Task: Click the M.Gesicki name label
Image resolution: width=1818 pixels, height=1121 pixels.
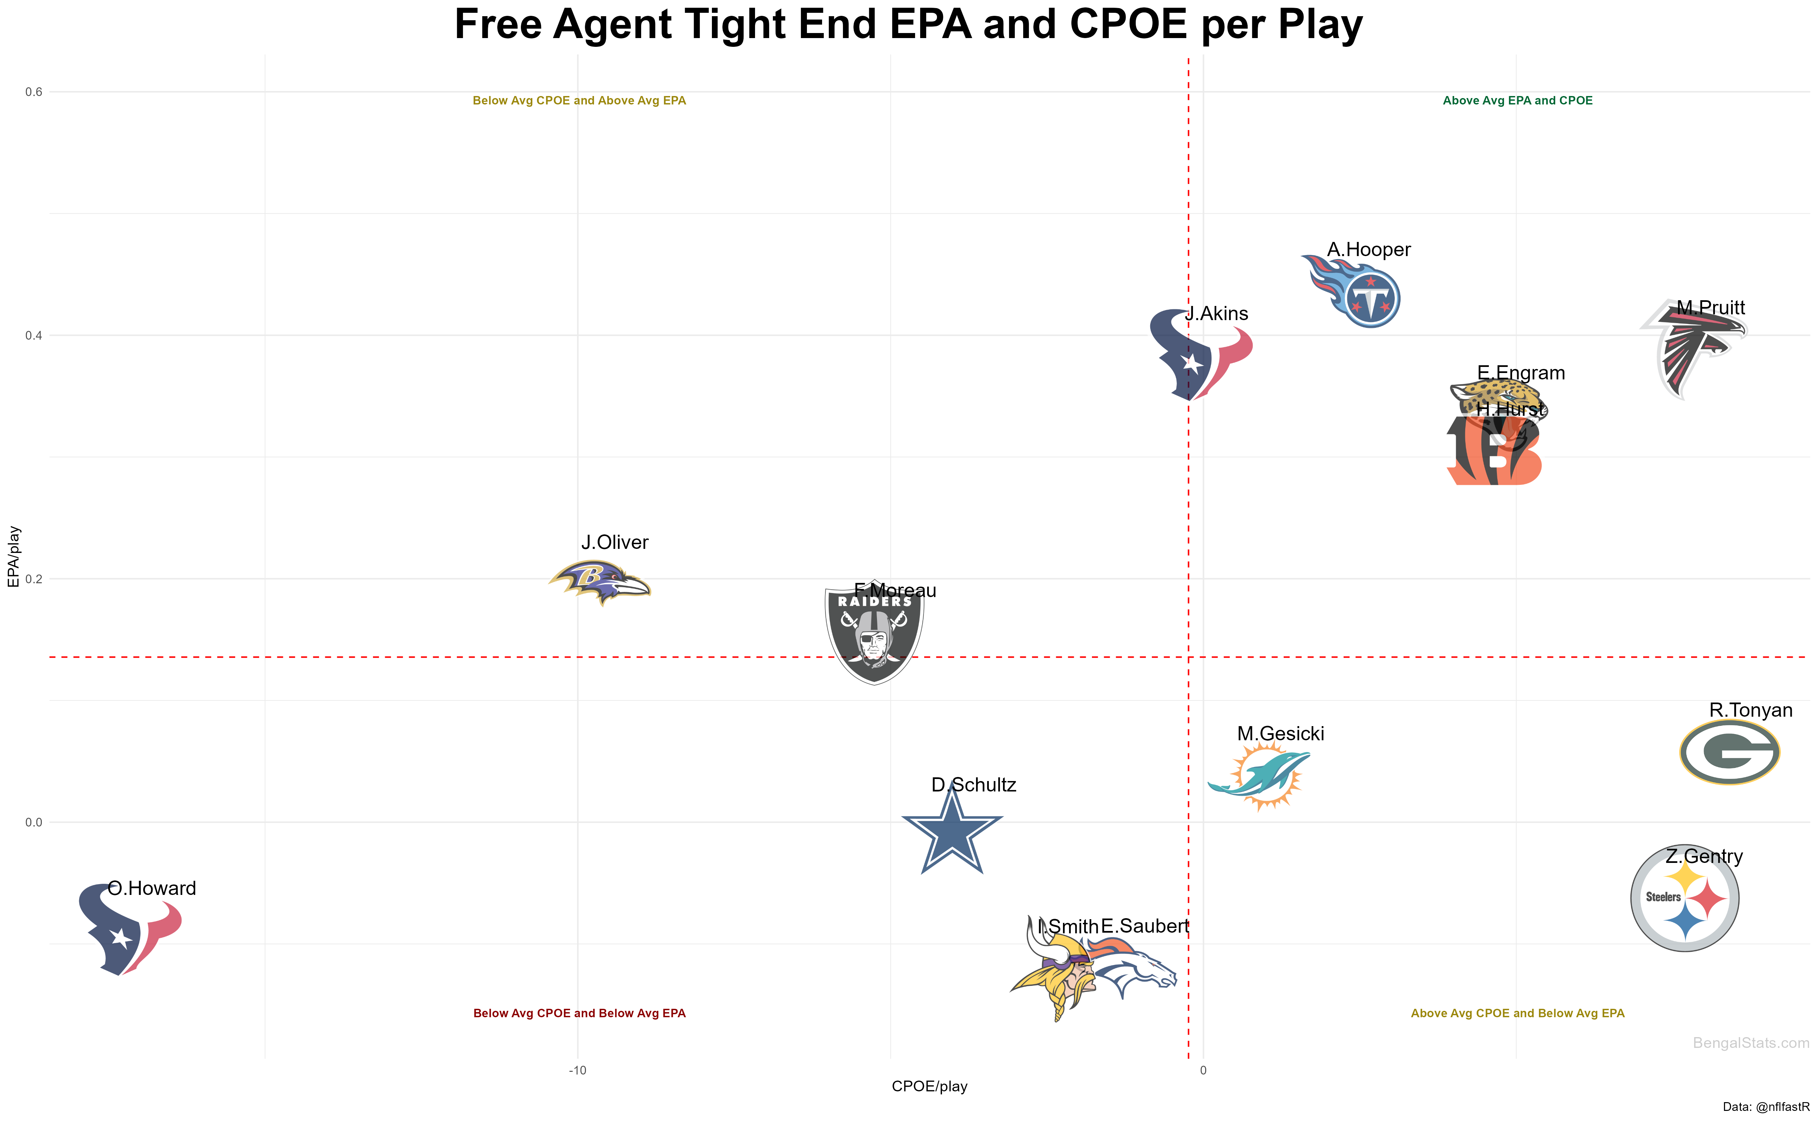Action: click(x=1280, y=734)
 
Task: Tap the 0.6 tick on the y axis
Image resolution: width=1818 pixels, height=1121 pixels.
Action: click(x=34, y=92)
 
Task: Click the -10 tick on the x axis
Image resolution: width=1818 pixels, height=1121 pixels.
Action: click(x=577, y=1070)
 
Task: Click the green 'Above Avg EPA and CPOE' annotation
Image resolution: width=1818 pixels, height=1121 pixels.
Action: click(x=1517, y=101)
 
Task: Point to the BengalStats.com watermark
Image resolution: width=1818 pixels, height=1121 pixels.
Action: click(x=1751, y=1043)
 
